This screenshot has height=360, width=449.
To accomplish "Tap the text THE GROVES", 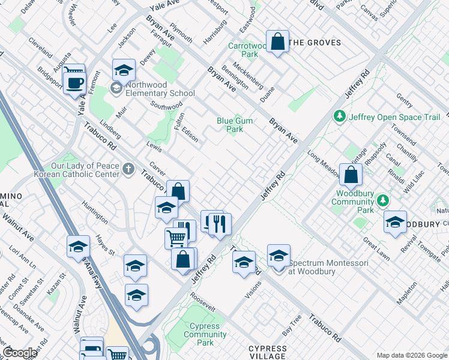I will click(315, 43).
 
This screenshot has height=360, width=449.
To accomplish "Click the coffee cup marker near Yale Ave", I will click(74, 83).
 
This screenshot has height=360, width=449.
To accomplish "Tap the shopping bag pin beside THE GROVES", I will click(277, 42).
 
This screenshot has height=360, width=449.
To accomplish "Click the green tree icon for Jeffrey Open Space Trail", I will click(340, 116).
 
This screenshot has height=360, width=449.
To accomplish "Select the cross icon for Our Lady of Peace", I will click(128, 169).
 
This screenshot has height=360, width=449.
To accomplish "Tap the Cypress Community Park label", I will click(205, 334).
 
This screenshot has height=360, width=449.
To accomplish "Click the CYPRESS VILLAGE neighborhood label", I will click(268, 352).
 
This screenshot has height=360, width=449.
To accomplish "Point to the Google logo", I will click(20, 353).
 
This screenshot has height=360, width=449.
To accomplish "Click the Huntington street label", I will click(96, 211).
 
